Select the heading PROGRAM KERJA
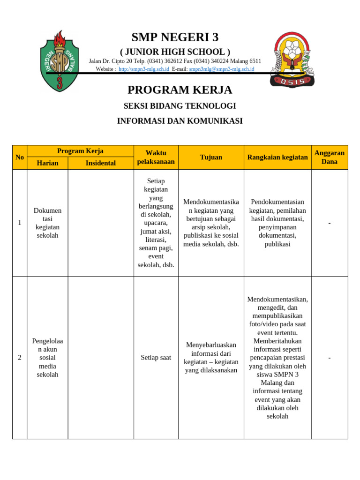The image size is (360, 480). [180, 90]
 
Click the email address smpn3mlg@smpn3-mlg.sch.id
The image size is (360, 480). [221, 69]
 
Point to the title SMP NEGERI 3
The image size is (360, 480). [175, 37]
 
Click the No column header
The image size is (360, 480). [20, 157]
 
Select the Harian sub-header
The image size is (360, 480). [47, 163]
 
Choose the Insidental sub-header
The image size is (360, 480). [100, 163]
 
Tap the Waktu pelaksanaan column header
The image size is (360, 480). [156, 157]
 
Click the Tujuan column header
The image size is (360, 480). [211, 157]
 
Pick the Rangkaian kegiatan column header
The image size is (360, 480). [277, 157]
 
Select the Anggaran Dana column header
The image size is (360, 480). [329, 157]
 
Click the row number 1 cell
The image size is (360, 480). [20, 223]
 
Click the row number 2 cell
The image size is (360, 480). [20, 358]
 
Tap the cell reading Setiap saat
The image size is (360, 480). [156, 358]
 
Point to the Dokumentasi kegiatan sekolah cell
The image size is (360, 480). [47, 223]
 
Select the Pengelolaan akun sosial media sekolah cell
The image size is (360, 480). [47, 358]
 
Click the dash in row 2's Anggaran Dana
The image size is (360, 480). [329, 358]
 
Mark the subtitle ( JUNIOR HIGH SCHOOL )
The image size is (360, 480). [175, 52]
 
